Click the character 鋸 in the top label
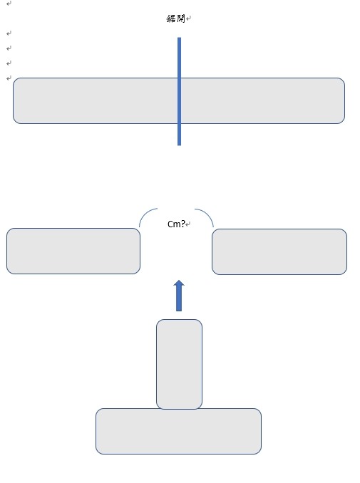click(171, 19)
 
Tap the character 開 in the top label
click(180, 19)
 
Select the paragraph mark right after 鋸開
click(188, 19)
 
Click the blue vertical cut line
click(179, 91)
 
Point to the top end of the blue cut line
click(179, 38)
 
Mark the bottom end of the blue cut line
click(179, 145)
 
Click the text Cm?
click(176, 224)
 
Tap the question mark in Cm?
click(183, 224)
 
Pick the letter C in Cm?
click(170, 224)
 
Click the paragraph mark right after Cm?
click(188, 224)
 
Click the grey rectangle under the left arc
click(73, 251)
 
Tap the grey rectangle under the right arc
click(279, 251)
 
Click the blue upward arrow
click(179, 296)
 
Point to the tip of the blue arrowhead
click(179, 280)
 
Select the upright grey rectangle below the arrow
click(179, 364)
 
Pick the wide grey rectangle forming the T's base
click(178, 431)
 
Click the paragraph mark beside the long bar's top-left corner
click(9, 78)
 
